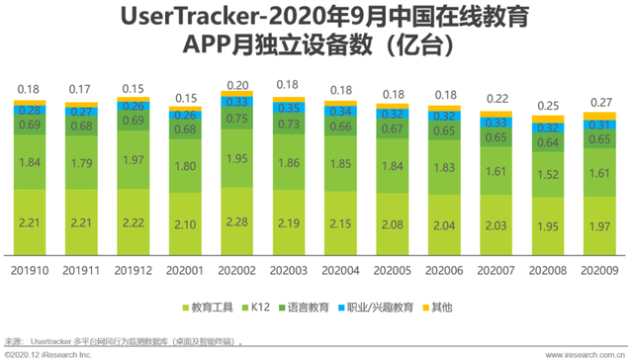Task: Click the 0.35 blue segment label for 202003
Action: coord(291,107)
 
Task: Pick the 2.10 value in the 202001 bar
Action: coord(187,225)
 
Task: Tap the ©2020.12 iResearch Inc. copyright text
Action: coord(47,351)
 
